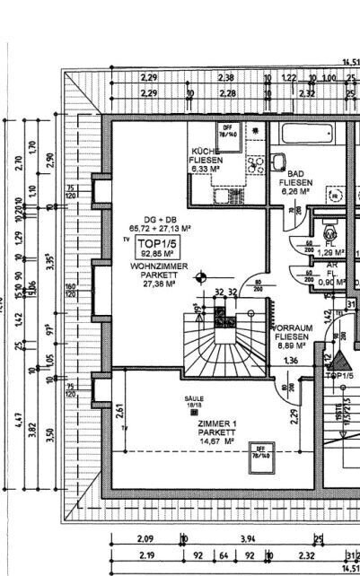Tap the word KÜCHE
tap(205, 151)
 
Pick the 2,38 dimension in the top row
tap(225, 78)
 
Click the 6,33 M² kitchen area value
tap(205, 168)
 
